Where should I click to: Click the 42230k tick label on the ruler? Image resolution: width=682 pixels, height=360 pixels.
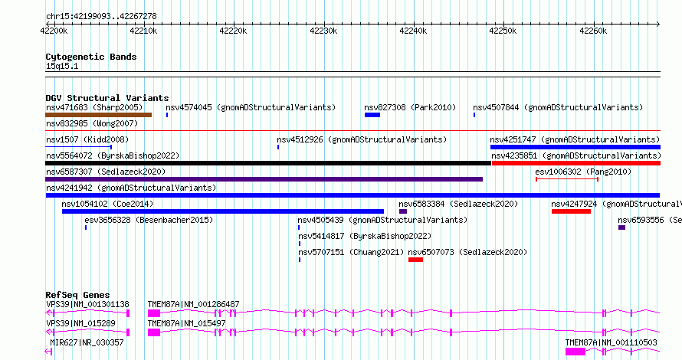[x=323, y=31]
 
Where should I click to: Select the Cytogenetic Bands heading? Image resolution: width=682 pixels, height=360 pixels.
[x=90, y=57]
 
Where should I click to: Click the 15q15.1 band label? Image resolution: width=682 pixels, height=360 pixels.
[x=61, y=67]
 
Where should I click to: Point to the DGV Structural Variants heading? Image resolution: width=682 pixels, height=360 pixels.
[x=107, y=98]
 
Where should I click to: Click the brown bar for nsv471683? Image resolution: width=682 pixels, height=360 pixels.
[x=98, y=115]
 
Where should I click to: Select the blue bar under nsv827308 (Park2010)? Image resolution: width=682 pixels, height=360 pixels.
[x=372, y=115]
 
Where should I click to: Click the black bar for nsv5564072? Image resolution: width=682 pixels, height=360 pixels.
[x=268, y=163]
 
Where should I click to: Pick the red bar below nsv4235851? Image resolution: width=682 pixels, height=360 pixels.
[x=575, y=163]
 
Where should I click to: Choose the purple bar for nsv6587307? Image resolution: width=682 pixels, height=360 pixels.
[x=264, y=179]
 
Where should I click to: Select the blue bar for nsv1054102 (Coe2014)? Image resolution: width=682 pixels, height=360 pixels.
[x=222, y=211]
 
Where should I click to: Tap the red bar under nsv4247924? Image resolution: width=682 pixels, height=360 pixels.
[x=571, y=211]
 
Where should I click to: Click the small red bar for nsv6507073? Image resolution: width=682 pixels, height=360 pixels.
[x=415, y=260]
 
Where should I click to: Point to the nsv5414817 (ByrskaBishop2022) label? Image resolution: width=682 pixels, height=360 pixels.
[x=365, y=236]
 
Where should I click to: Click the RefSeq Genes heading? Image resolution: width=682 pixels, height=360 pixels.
[x=77, y=295]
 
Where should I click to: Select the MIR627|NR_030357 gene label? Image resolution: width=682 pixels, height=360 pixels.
[x=85, y=342]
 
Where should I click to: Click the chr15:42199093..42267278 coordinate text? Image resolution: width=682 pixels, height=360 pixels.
[x=102, y=15]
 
